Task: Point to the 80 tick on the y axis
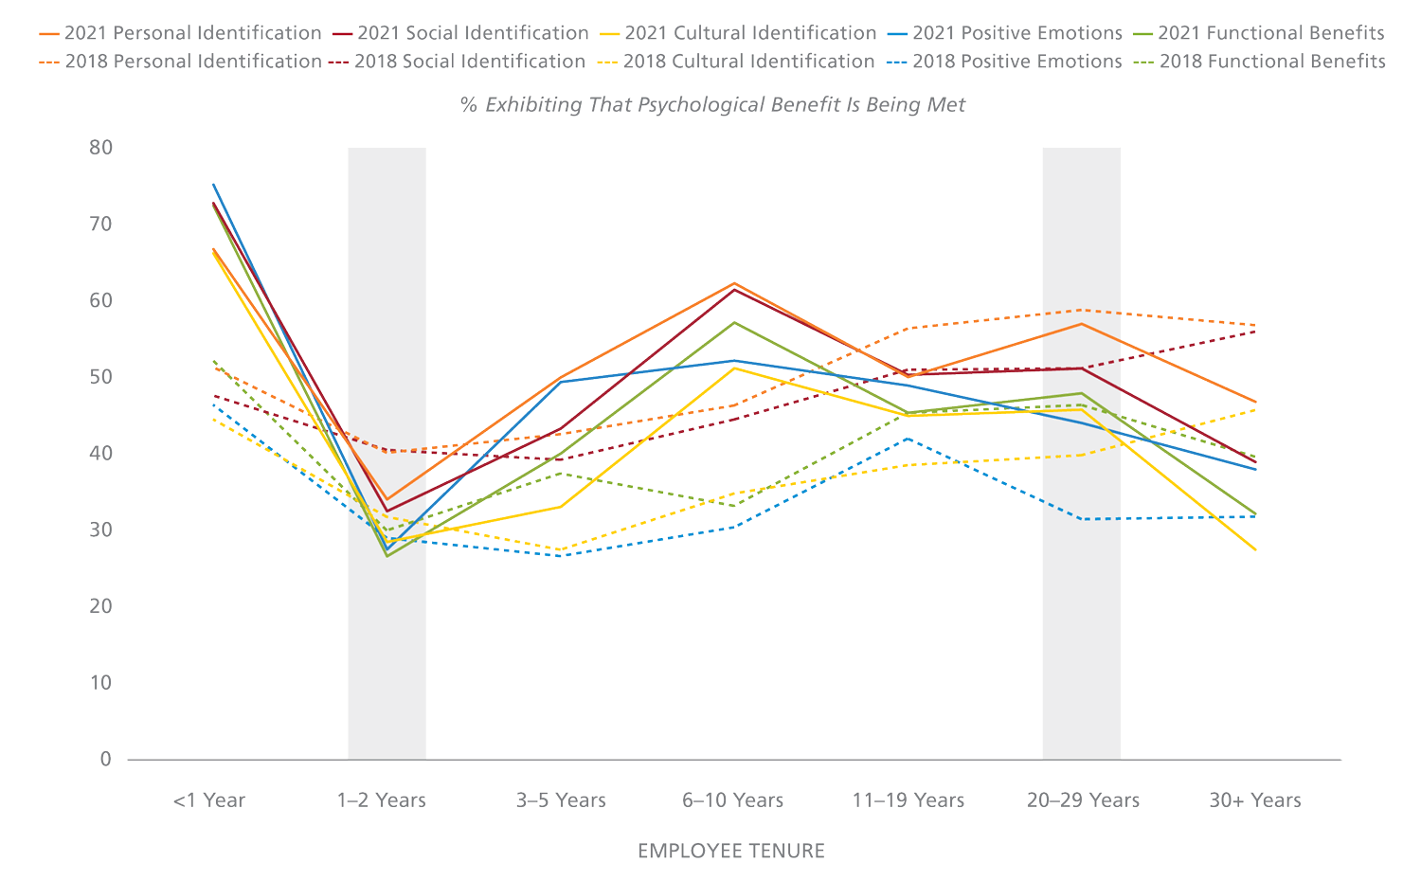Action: tap(101, 148)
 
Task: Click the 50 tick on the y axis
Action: tap(101, 377)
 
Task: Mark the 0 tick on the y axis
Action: tap(106, 759)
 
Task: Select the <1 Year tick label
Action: tap(209, 800)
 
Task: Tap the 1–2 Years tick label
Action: tap(382, 800)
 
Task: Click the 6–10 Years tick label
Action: tap(733, 800)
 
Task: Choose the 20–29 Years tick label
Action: tap(1083, 800)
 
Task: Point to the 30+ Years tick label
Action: tap(1255, 800)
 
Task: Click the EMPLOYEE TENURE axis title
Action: tap(731, 851)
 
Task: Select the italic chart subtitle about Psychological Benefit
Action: tap(712, 105)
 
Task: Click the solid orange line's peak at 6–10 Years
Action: tap(734, 283)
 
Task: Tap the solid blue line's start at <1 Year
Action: tap(213, 185)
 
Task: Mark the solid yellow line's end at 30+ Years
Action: tap(1256, 549)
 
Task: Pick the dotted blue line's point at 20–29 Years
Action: tap(1082, 519)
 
